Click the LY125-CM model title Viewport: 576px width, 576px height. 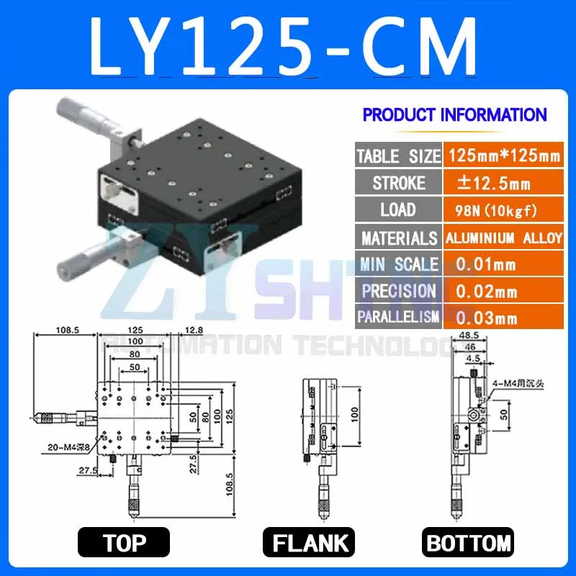(284, 45)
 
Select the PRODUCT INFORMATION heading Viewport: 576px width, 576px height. (454, 114)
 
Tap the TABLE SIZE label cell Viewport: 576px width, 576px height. (397, 156)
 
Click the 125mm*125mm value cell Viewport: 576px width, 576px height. (503, 156)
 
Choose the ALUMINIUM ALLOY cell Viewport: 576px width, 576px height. (503, 238)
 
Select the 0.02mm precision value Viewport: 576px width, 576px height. (487, 291)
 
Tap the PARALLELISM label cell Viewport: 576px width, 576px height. (397, 317)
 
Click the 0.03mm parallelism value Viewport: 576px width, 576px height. (487, 317)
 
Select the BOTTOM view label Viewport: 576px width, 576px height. (469, 542)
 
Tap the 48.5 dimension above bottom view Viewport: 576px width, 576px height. (468, 336)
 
